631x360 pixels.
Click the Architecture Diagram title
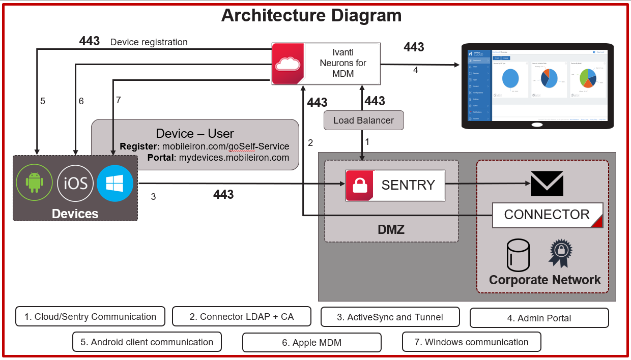311,15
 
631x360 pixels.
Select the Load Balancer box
363,121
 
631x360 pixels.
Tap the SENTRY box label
408,185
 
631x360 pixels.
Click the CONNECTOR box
547,215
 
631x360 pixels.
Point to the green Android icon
35,182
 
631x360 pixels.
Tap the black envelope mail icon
547,184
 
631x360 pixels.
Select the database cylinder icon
518,255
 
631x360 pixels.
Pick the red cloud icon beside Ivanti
288,64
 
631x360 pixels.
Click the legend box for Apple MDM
311,342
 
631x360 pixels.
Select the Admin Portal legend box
539,318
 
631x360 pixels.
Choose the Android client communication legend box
147,342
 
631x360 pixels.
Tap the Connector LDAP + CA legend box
241,316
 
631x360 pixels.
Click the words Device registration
149,42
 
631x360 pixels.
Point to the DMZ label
391,229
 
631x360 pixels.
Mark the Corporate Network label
544,280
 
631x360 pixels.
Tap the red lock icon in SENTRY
360,185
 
